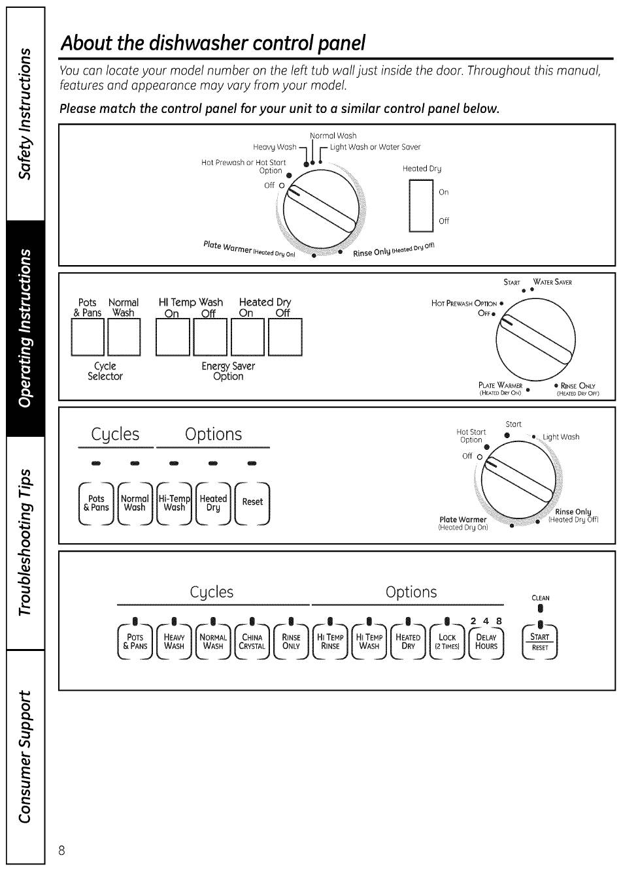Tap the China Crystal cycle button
[252, 641]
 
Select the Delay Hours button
[486, 641]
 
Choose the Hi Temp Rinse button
[330, 641]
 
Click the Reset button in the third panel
[252, 503]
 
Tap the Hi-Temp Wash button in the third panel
[174, 503]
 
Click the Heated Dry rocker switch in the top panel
[421, 205]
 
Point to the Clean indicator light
[540, 608]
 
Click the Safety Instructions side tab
[25, 114]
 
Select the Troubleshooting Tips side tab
[25, 543]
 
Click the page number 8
[61, 850]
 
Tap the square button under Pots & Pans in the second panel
[88, 337]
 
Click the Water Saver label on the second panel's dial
[552, 282]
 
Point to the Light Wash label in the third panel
[560, 437]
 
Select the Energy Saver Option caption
[228, 371]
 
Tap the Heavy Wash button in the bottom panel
[174, 641]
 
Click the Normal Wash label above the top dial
[333, 136]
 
